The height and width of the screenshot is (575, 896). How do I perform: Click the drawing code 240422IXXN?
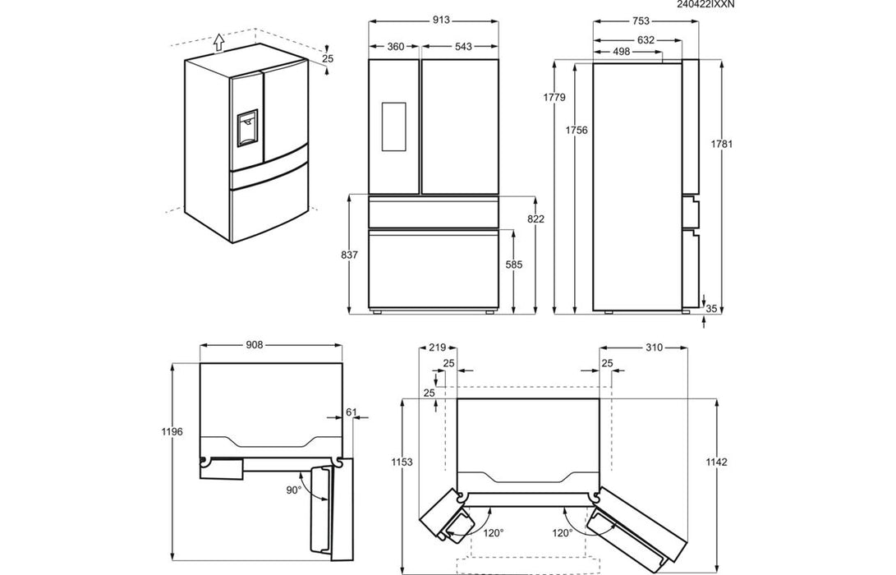pos(706,5)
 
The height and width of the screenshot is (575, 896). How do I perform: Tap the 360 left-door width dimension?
pos(395,47)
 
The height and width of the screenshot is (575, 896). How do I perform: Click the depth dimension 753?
pos(641,22)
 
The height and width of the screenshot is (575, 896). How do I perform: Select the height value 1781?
pos(723,144)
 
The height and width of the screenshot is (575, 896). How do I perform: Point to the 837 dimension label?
pos(349,255)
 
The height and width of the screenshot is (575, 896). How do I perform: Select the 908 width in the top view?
pos(254,346)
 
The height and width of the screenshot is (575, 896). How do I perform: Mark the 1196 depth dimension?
pos(171,431)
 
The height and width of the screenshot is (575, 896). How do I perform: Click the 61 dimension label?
pos(352,412)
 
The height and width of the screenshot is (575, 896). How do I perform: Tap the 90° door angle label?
pos(294,490)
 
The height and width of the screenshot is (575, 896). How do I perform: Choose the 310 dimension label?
pos(654,348)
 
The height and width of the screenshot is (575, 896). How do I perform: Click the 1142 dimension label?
pos(716,462)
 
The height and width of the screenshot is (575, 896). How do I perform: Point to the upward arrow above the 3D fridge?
pos(218,41)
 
